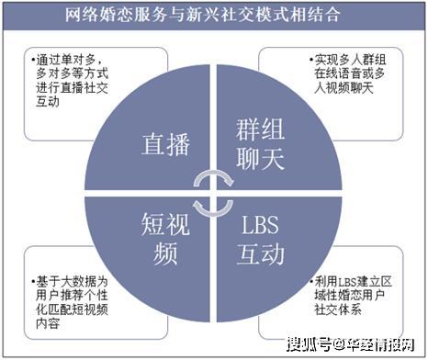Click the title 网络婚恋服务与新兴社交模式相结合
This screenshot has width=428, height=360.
214,14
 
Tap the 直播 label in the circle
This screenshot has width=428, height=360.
165,144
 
